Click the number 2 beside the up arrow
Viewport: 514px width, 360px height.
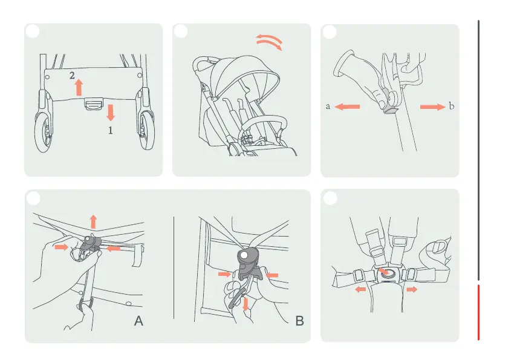[72, 76]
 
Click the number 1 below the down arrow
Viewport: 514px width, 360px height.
[111, 131]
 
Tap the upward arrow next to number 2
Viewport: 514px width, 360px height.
[79, 88]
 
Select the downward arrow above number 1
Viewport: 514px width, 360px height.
[111, 113]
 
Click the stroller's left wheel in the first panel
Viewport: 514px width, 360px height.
[44, 132]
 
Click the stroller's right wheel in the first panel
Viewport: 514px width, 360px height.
[146, 130]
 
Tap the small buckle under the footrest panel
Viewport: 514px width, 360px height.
[94, 104]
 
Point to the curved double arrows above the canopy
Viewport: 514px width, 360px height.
[269, 42]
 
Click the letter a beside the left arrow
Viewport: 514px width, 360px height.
[328, 106]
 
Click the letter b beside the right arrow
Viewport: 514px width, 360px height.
[451, 106]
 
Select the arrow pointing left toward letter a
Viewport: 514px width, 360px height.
[347, 106]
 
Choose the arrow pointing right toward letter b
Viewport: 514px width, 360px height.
[433, 106]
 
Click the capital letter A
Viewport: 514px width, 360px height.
[138, 321]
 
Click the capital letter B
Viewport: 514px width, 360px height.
[299, 321]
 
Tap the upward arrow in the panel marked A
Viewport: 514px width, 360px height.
[93, 221]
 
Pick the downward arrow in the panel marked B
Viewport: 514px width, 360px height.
[246, 304]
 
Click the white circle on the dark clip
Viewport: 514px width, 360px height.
[244, 255]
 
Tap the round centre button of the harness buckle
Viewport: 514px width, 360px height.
[386, 272]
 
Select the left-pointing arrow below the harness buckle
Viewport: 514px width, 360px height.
[360, 289]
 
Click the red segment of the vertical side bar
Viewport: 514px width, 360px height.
[478, 312]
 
